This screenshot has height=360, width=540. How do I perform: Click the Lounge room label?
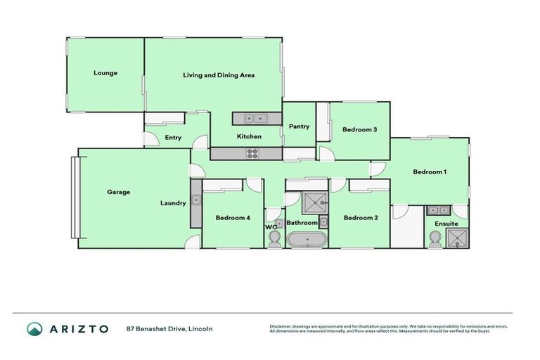click(x=105, y=72)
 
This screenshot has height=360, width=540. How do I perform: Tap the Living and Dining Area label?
click(x=219, y=75)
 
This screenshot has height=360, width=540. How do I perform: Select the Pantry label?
click(x=299, y=127)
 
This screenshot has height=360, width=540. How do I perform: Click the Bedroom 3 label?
click(x=360, y=129)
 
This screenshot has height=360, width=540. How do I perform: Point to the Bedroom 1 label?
click(x=429, y=172)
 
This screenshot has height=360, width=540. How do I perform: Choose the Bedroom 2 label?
click(x=361, y=218)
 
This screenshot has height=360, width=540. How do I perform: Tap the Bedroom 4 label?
click(x=233, y=218)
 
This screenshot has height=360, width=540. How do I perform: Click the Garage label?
click(x=118, y=191)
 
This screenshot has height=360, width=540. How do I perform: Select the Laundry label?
click(x=173, y=203)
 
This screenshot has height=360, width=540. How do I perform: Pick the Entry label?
click(x=173, y=138)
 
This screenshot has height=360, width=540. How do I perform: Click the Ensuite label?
click(x=446, y=224)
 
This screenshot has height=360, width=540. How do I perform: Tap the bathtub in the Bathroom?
click(x=307, y=240)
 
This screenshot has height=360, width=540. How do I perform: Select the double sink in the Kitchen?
click(x=251, y=118)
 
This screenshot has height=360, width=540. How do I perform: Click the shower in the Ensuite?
click(x=459, y=238)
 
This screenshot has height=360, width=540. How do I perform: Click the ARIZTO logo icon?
click(x=34, y=328)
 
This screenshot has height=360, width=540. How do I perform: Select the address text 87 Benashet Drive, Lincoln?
click(x=169, y=328)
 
